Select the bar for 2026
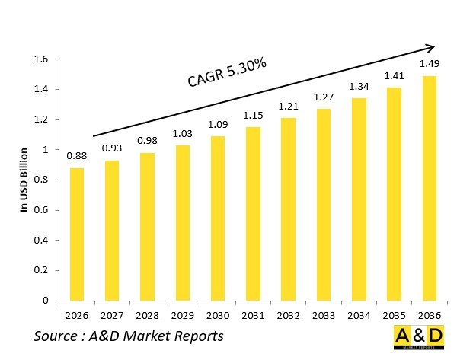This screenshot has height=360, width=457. click(76, 234)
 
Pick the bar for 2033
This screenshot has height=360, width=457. click(323, 205)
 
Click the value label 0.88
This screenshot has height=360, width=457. click(76, 157)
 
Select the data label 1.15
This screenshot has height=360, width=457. click(252, 116)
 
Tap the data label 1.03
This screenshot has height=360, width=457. click(182, 134)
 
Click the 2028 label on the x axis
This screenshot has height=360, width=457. click(146, 314)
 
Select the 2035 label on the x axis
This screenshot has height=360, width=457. click(393, 314)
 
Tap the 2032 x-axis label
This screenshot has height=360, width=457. click(287, 314)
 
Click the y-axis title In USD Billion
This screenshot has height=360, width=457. click(24, 180)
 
